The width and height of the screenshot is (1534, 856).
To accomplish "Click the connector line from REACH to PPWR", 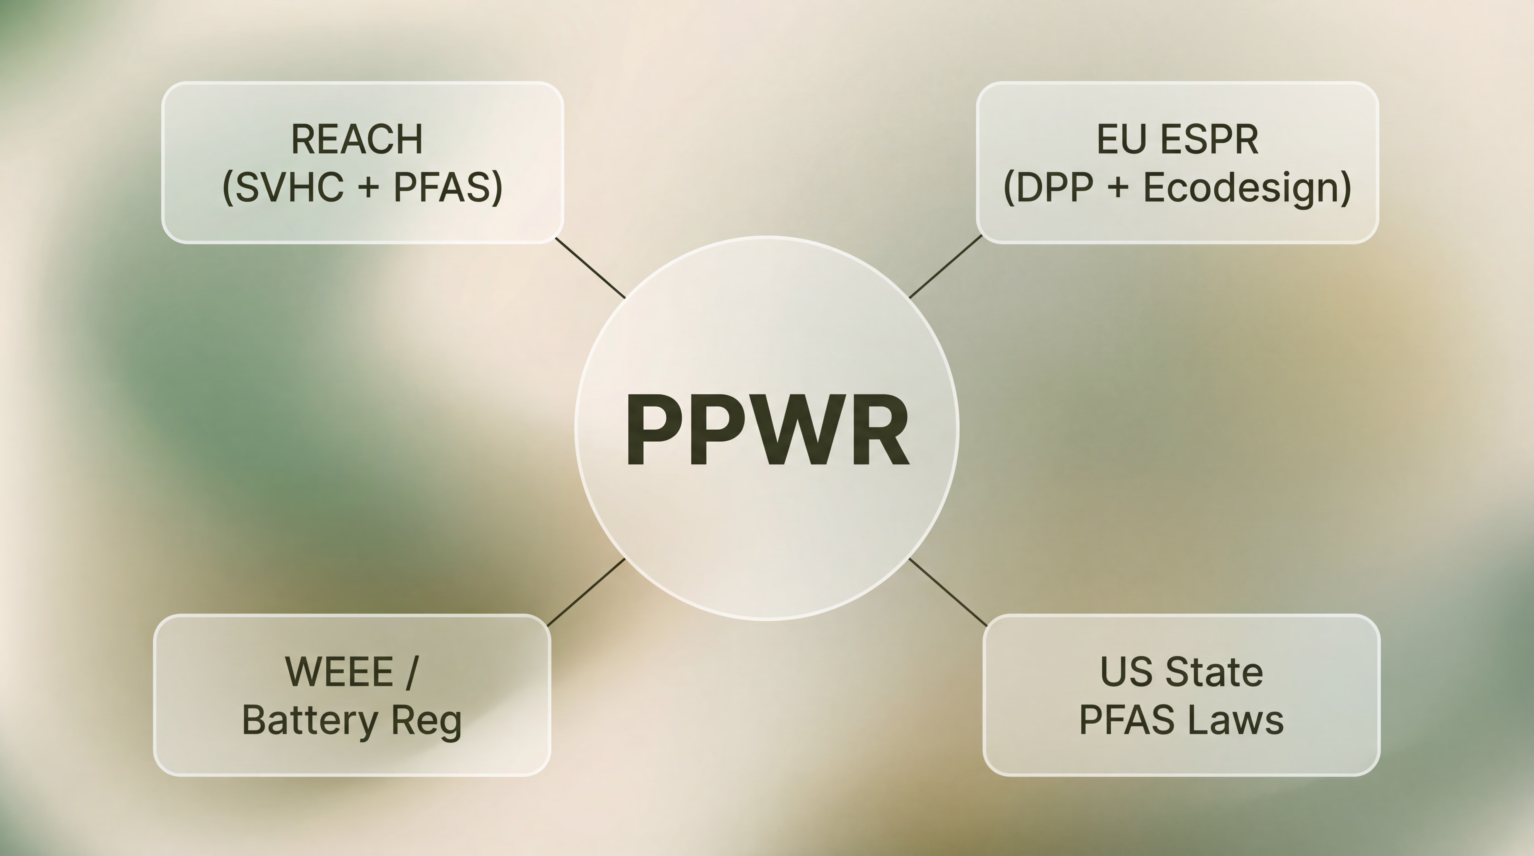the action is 590,268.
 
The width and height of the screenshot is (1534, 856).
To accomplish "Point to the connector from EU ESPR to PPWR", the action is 946,267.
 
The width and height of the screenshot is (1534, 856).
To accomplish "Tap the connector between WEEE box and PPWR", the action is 586,592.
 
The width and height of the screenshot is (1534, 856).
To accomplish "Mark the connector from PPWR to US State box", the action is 948,592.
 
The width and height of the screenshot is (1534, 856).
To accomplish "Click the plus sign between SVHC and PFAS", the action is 369,188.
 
